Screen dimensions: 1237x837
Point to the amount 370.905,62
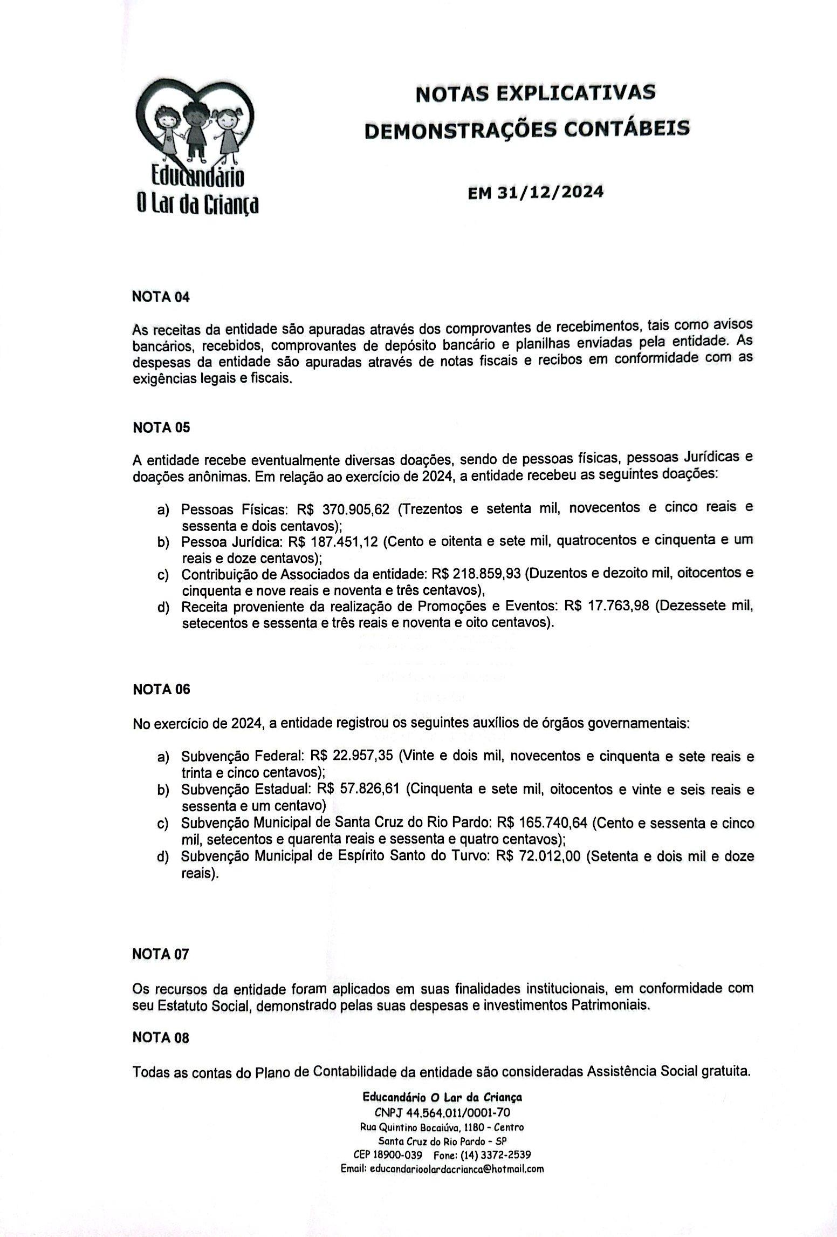(x=355, y=509)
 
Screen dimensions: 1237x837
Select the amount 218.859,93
(x=487, y=573)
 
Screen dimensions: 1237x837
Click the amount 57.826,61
(x=369, y=789)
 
